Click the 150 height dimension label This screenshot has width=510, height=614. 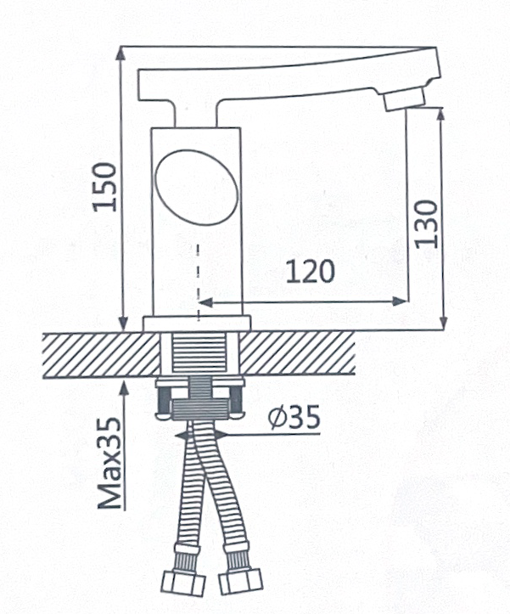tap(104, 187)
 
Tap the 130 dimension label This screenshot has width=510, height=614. tap(427, 224)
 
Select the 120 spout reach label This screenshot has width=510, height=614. tap(311, 271)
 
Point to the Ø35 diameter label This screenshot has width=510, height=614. tap(294, 417)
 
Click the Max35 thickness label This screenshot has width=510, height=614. tap(109, 464)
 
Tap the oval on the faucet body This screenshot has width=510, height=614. tap(197, 187)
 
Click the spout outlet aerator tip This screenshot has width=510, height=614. tap(404, 99)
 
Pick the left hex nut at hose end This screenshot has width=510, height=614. tap(183, 583)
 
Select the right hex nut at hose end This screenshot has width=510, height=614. tap(240, 581)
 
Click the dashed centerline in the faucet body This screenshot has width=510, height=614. tap(199, 283)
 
